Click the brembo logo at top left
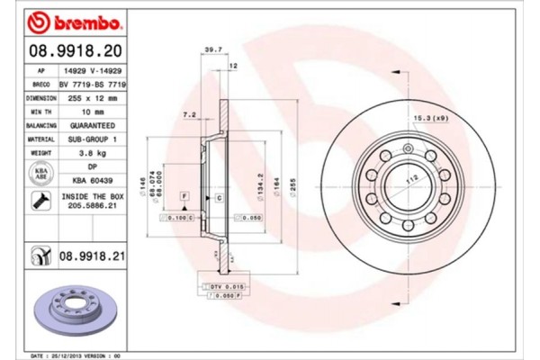[x=62, y=21]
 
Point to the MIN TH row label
[x=41, y=111]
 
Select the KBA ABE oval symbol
[x=41, y=174]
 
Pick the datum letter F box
[x=184, y=195]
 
